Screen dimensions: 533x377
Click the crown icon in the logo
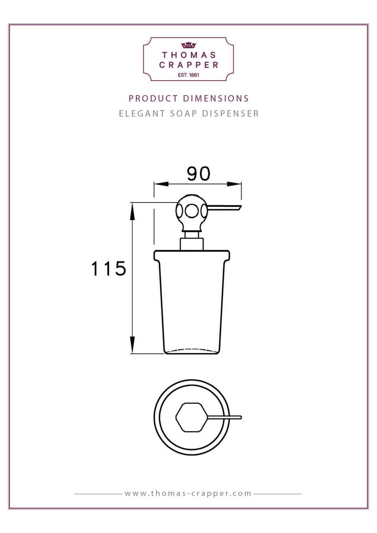click(x=188, y=45)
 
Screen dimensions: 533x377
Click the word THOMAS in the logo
click(x=189, y=55)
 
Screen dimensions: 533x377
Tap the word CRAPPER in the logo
click(x=189, y=65)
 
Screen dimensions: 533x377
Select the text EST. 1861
click(x=188, y=75)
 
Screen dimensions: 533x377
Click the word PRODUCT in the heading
click(x=153, y=99)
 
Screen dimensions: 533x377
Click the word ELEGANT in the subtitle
click(x=142, y=114)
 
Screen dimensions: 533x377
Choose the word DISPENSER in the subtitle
click(x=231, y=114)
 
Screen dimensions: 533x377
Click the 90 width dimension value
click(x=198, y=174)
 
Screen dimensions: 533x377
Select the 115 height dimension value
click(x=109, y=269)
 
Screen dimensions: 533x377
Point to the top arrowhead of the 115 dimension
click(x=133, y=212)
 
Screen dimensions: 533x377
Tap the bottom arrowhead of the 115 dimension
click(x=133, y=344)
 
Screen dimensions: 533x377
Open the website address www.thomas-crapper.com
click(x=188, y=494)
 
